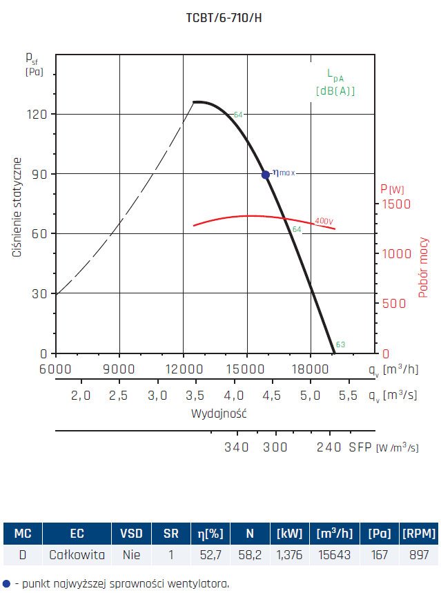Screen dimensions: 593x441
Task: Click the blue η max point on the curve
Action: [x=266, y=175]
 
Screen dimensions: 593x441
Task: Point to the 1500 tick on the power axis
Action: [x=396, y=204]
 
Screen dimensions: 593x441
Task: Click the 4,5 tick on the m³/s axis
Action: [x=272, y=396]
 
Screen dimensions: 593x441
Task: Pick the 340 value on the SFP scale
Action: [x=237, y=447]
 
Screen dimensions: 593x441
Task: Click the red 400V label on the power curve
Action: [x=323, y=221]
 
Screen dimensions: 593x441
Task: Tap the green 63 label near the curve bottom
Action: [x=340, y=344]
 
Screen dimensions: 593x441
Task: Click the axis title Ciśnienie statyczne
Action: [x=18, y=208]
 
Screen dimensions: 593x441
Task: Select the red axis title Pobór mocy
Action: [x=424, y=268]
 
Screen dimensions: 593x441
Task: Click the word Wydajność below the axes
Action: [x=219, y=414]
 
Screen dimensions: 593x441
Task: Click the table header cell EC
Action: [x=77, y=534]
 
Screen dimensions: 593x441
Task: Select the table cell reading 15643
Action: [x=336, y=554]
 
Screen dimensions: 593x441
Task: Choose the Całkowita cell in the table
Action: [x=77, y=554]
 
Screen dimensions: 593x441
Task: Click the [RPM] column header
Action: [x=418, y=534]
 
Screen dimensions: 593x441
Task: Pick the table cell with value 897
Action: [x=418, y=554]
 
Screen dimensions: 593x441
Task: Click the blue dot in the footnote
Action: [x=6, y=583]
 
